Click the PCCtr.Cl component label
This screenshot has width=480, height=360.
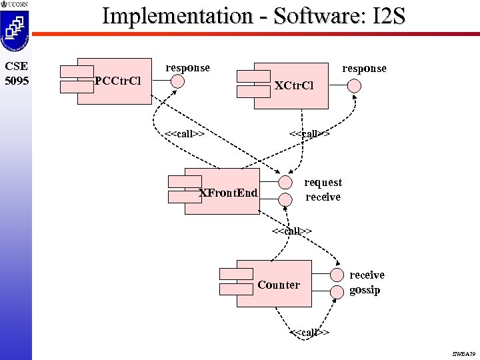coord(117,81)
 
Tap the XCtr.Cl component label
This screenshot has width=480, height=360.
coord(293,86)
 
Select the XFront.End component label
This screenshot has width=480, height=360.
coord(229,193)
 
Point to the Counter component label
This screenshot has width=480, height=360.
coord(279,285)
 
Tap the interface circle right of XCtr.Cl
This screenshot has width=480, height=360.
coord(355,85)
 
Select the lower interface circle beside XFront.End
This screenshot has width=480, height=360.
coord(285,198)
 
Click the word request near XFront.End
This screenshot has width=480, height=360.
coord(323,182)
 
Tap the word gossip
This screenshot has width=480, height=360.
coord(365,290)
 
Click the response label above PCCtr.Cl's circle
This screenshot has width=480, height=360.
coord(187,67)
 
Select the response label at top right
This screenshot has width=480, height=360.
coord(364,68)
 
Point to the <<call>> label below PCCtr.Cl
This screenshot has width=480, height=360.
coord(184,133)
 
